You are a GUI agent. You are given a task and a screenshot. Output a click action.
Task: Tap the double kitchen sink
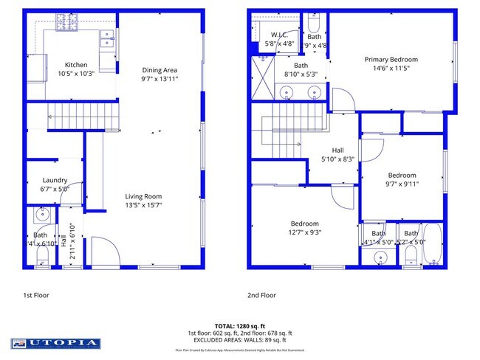(x=107, y=38)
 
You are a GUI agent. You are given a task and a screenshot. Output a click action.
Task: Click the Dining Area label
(x=160, y=70)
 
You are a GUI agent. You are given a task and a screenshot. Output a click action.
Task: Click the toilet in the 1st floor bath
(x=42, y=255)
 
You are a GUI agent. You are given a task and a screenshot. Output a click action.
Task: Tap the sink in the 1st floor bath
(x=41, y=217)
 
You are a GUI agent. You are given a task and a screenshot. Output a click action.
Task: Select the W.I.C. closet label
(x=279, y=35)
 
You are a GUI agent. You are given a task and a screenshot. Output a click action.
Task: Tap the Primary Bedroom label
(x=391, y=60)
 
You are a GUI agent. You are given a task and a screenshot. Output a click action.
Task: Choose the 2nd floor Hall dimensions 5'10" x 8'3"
(x=338, y=159)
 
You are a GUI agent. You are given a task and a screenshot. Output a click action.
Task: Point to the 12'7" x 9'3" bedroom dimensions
(x=304, y=232)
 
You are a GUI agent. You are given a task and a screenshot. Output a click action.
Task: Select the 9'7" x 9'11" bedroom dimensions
(x=402, y=184)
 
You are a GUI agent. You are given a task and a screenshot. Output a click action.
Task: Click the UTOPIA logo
(x=55, y=343)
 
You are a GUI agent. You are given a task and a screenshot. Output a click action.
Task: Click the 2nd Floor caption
(x=261, y=294)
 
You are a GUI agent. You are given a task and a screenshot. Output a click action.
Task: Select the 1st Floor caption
(x=37, y=294)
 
